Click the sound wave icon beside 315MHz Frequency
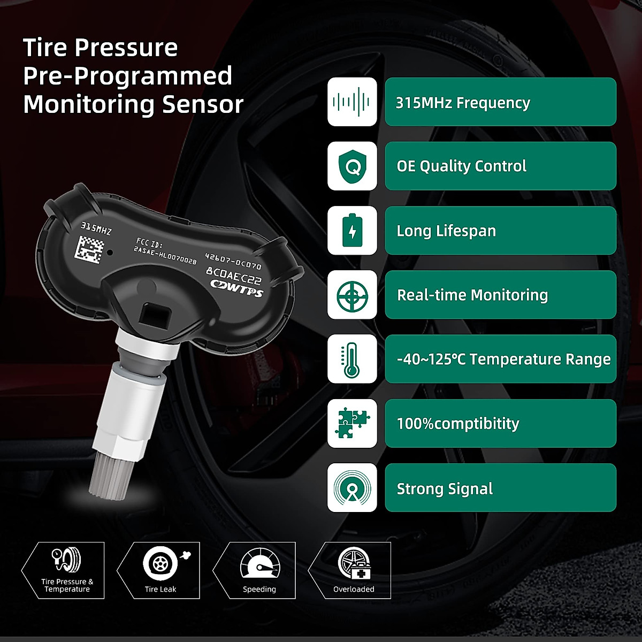(x=352, y=102)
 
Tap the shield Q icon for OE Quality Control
(x=352, y=166)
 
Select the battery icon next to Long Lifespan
(x=352, y=231)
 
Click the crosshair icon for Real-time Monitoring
(x=352, y=295)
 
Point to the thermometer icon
(x=352, y=359)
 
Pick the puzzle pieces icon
(x=352, y=423)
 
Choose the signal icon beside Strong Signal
(x=352, y=487)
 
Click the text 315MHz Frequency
(x=463, y=103)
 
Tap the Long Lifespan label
(x=446, y=231)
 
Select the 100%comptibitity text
(x=458, y=424)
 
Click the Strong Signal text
(x=445, y=489)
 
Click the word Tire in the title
(x=45, y=48)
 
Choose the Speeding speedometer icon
(x=259, y=564)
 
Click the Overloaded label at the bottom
(x=354, y=589)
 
